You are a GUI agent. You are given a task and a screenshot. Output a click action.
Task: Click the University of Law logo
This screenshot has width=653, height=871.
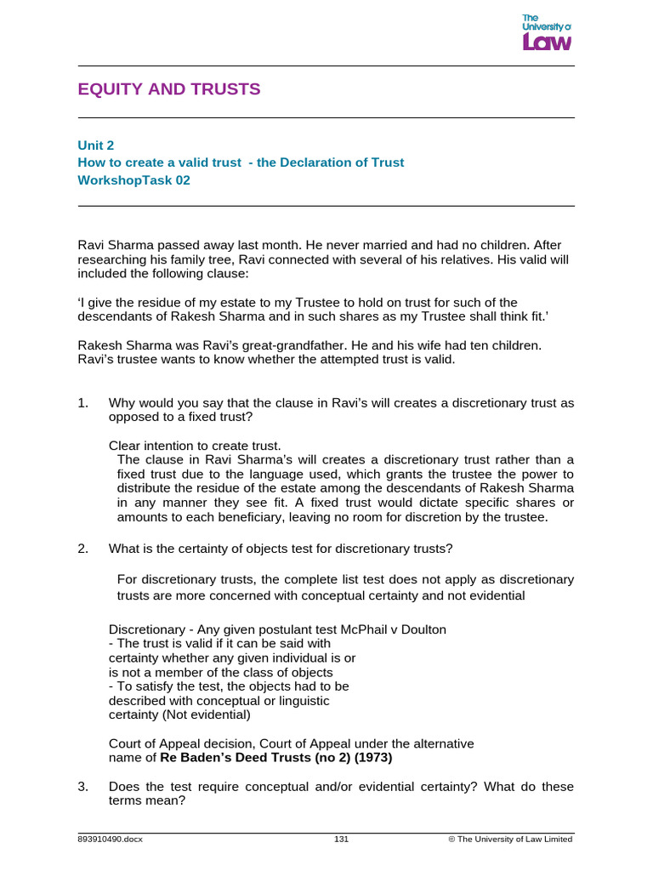pyautogui.click(x=546, y=33)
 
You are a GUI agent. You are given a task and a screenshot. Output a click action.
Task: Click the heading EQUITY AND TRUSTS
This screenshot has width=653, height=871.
pyautogui.click(x=169, y=89)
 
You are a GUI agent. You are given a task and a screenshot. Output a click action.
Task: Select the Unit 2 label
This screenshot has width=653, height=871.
pyautogui.click(x=96, y=145)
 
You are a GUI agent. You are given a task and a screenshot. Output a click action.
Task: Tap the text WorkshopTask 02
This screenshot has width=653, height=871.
pyautogui.click(x=133, y=179)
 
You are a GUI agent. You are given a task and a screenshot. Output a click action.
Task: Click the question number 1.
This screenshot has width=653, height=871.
pyautogui.click(x=82, y=403)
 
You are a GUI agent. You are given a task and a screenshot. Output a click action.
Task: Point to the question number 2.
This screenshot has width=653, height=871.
pyautogui.click(x=82, y=548)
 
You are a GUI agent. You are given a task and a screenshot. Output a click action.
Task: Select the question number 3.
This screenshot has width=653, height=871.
pyautogui.click(x=82, y=787)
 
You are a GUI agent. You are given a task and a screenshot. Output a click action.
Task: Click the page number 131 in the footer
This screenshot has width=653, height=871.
pyautogui.click(x=342, y=839)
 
